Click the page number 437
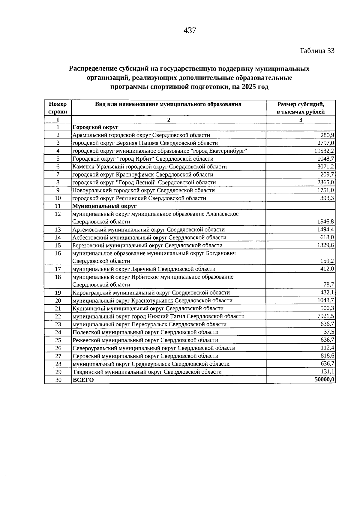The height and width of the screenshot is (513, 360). coord(190,30)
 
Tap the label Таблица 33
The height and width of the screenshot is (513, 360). coord(317,51)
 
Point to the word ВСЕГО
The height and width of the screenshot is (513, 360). coord(83,380)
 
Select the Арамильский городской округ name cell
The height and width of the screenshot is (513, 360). coord(141,135)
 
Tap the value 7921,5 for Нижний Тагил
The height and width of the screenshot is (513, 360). coord(326,316)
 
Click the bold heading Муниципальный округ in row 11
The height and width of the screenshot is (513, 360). coord(104,206)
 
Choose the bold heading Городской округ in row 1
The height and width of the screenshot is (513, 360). coord(95,128)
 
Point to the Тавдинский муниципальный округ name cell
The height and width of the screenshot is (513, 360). coord(147,372)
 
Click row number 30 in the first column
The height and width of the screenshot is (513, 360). coord(58,380)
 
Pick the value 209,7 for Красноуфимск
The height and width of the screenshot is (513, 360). coord(328,174)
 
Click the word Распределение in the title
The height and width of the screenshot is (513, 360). coord(92,69)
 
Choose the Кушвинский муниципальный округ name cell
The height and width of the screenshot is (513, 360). coord(148,309)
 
